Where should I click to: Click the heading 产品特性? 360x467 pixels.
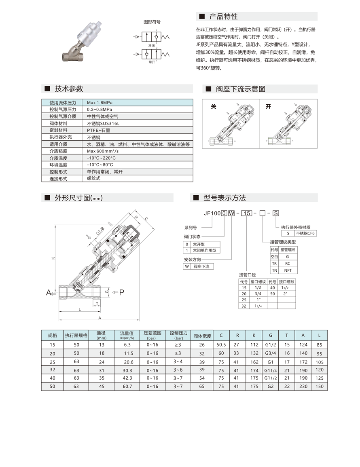point(223,17)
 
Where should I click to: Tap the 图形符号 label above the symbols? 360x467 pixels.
point(152,22)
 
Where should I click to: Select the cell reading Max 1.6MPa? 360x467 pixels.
point(99,103)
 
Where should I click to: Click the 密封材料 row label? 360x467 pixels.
point(58,130)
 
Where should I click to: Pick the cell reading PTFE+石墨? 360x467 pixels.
point(99,130)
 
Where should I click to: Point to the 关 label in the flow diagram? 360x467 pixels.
point(214,107)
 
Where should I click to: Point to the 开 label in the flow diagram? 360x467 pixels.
point(268,107)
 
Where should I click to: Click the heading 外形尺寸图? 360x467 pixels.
point(77,198)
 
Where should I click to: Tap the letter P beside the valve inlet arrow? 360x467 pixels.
point(121,292)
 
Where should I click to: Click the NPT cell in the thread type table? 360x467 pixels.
point(288,270)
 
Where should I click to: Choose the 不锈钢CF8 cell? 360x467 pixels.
point(306,233)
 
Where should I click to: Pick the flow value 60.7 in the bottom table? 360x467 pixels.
point(127,387)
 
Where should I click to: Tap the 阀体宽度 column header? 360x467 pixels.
point(202,336)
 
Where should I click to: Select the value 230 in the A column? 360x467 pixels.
point(303,387)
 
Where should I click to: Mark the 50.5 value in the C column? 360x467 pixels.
point(221,345)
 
